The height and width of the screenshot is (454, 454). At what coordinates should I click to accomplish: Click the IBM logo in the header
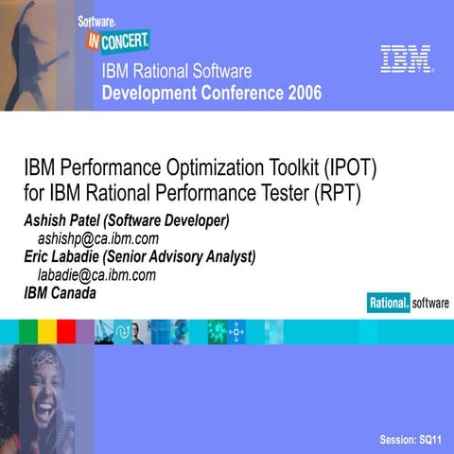(406, 59)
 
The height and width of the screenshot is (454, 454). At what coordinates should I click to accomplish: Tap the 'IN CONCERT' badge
(118, 41)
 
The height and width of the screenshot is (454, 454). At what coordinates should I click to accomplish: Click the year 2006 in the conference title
(302, 93)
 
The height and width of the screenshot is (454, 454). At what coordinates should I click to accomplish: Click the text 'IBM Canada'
(60, 292)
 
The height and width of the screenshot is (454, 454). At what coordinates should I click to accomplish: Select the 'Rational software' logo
(408, 303)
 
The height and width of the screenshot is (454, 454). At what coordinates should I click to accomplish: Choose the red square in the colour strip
(65, 331)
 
